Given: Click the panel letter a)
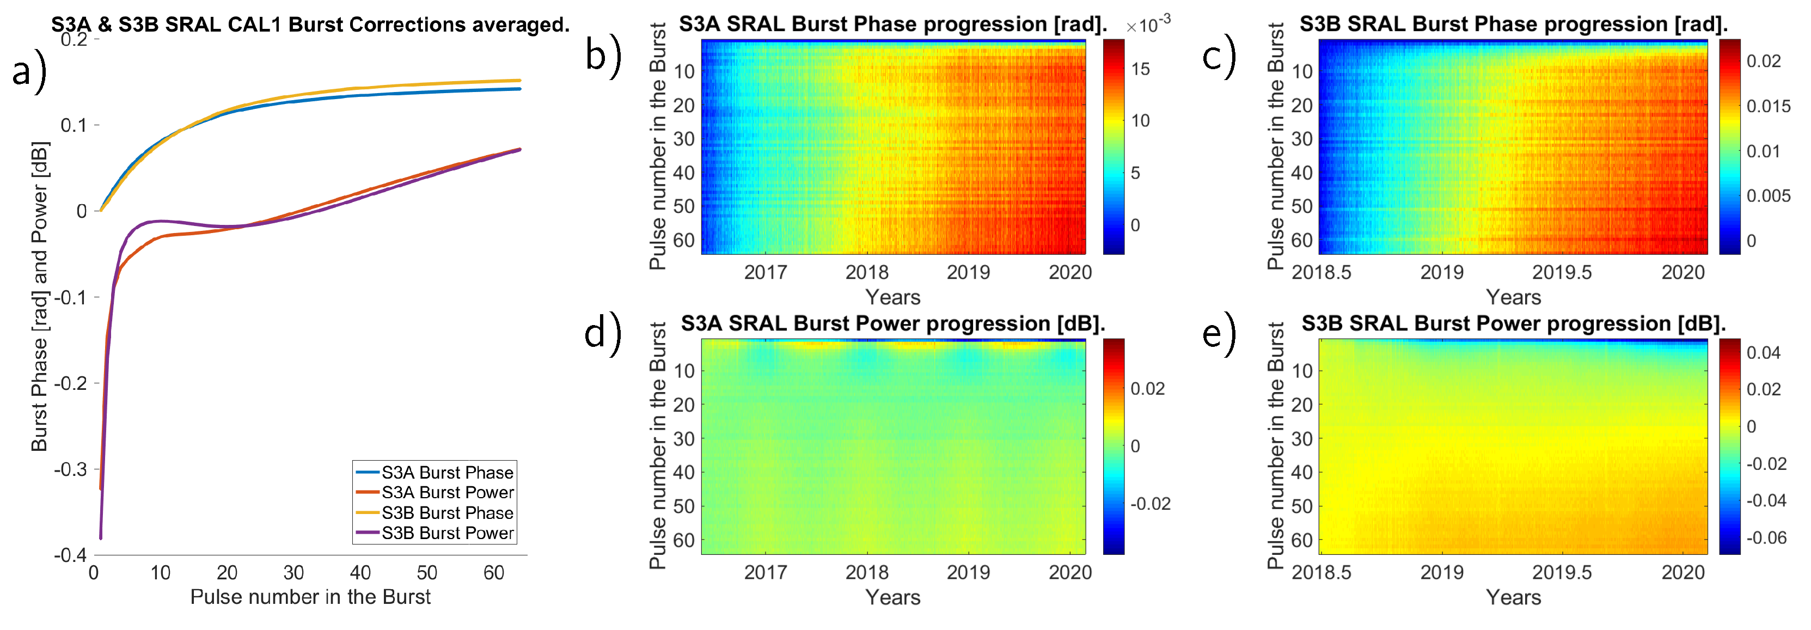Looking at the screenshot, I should (29, 72).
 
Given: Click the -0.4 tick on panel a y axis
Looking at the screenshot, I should (71, 555).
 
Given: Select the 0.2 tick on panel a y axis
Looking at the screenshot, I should (75, 39).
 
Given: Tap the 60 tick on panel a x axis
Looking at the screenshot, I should (493, 573).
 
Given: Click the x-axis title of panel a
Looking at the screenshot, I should (310, 597).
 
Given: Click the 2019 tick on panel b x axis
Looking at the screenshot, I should (968, 273).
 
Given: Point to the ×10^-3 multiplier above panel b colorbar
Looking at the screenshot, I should (1148, 25).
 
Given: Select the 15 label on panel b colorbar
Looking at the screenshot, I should (1140, 69).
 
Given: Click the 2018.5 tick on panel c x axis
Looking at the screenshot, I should (1321, 273).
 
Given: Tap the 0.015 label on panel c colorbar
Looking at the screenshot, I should (1768, 106).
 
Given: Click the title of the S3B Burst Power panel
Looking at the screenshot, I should (1513, 323).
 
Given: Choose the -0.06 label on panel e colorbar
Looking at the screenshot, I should (1766, 538).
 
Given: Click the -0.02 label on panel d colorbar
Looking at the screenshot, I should (1150, 504).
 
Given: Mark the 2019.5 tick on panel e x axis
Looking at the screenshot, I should (1562, 573).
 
